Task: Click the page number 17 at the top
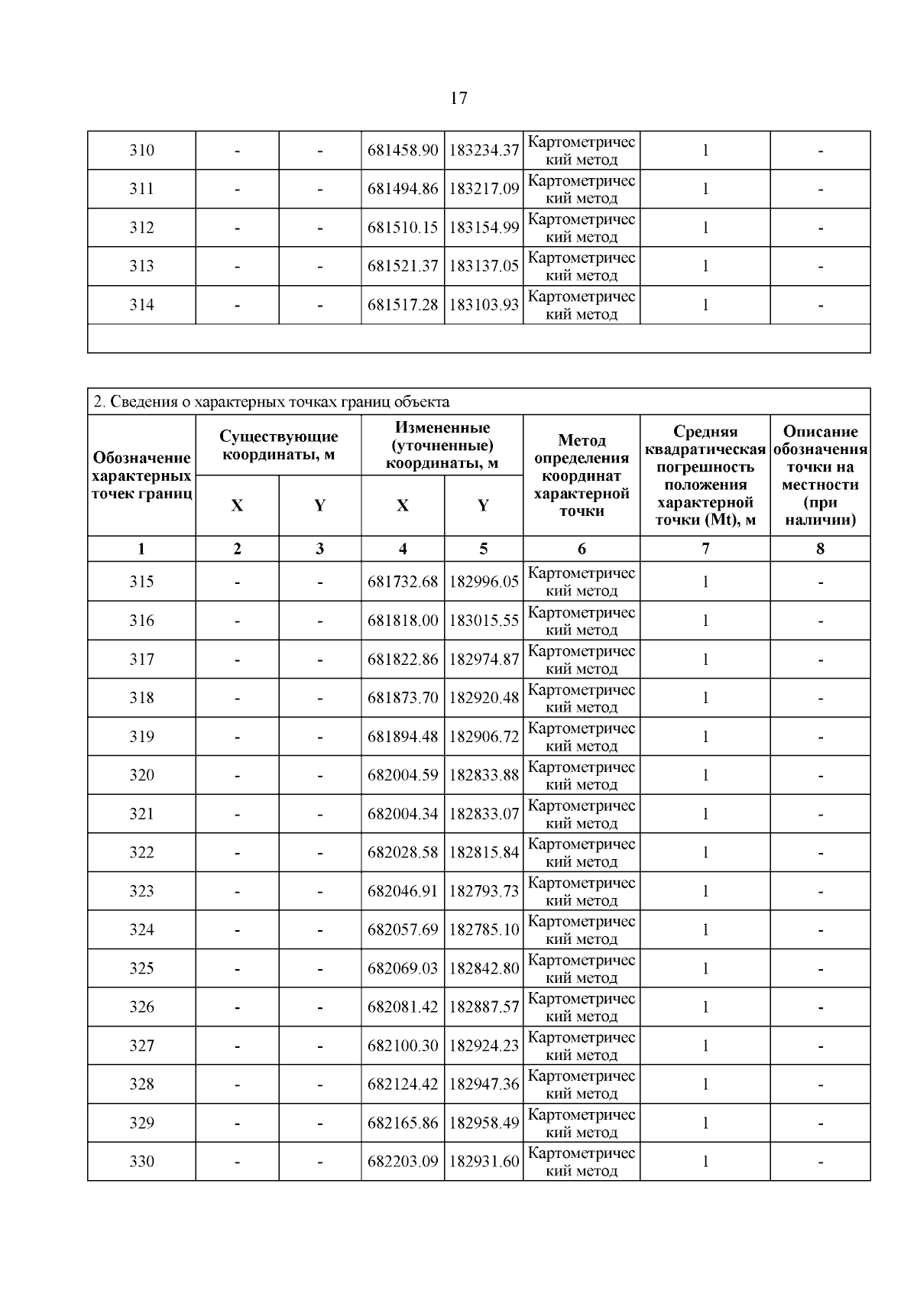(458, 98)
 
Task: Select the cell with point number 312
(141, 228)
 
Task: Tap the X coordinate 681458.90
(403, 151)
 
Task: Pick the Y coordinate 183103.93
(484, 305)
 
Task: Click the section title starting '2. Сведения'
(271, 402)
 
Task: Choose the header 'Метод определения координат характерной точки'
(582, 475)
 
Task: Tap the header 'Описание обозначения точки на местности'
(820, 475)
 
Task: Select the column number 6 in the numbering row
(582, 549)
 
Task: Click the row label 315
(141, 582)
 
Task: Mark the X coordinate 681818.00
(403, 621)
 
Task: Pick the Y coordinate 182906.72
(484, 737)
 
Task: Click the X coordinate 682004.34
(403, 814)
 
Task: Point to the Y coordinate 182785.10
(484, 930)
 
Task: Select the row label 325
(141, 968)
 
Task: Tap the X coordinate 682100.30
(403, 1046)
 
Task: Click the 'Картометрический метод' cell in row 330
(582, 1162)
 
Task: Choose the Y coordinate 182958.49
(484, 1123)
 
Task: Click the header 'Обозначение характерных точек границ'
(141, 475)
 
